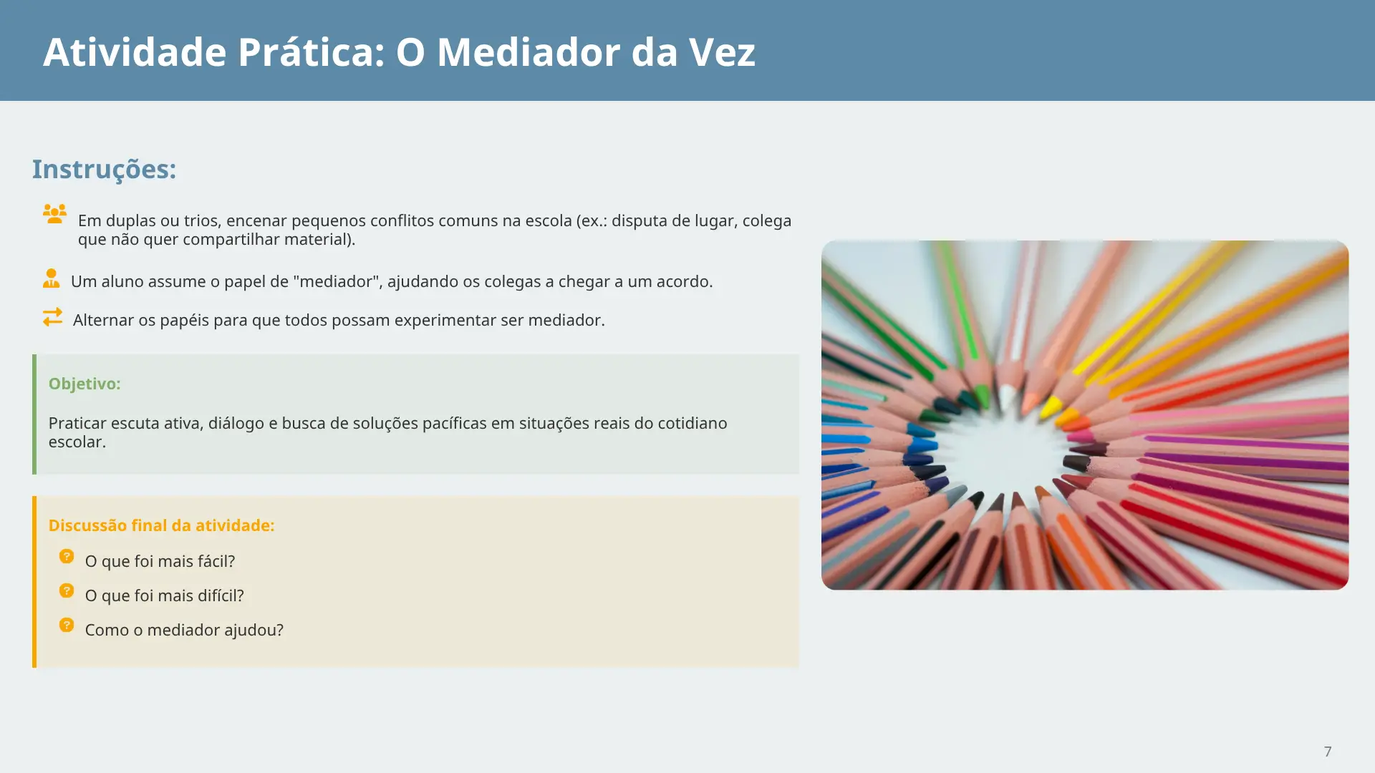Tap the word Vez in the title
(x=722, y=52)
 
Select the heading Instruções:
(x=104, y=170)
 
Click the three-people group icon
(x=54, y=213)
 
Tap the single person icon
(x=51, y=278)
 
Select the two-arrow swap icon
(x=52, y=316)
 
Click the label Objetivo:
(x=85, y=384)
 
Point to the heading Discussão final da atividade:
(x=161, y=525)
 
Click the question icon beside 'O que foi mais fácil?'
(x=67, y=556)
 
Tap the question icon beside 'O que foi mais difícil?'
(x=67, y=590)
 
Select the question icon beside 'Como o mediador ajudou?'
(x=67, y=625)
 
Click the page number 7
(x=1328, y=752)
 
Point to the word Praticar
(x=78, y=423)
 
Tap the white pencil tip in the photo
(x=1008, y=396)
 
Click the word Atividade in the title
(x=134, y=52)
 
